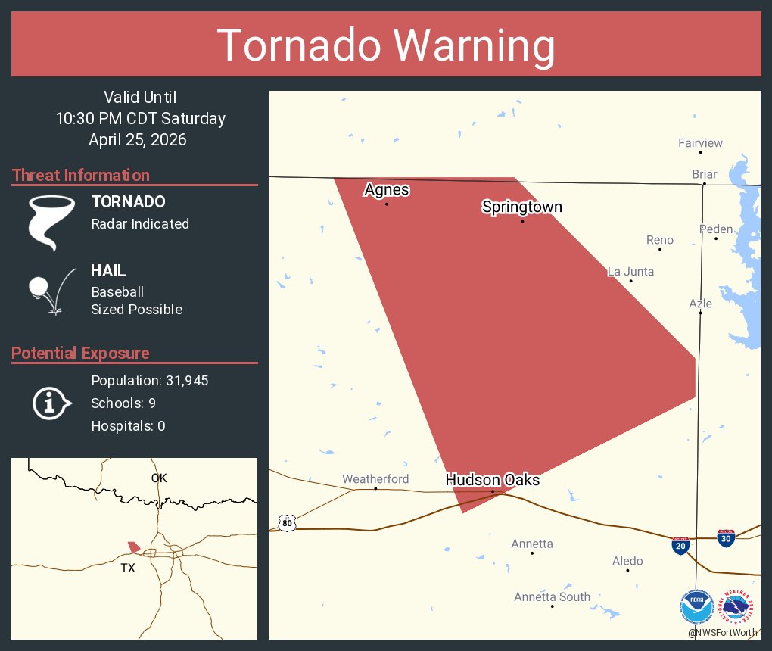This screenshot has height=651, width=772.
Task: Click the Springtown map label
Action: tap(521, 207)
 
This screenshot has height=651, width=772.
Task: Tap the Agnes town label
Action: tap(387, 189)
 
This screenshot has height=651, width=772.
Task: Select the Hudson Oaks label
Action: tap(492, 480)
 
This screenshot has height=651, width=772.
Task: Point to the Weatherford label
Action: tap(375, 479)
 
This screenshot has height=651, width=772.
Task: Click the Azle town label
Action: tap(700, 304)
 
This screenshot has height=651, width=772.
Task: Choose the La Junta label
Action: tap(631, 272)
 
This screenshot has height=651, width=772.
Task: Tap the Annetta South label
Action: tap(552, 596)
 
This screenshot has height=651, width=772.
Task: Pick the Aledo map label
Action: tap(627, 561)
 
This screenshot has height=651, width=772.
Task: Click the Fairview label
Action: tap(700, 143)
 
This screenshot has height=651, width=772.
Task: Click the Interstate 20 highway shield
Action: tap(680, 546)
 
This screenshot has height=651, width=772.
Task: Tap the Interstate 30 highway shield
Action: tap(726, 538)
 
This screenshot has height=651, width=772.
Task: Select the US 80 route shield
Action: tap(286, 523)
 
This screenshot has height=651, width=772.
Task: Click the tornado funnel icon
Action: tap(51, 222)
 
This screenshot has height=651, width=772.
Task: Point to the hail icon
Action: tap(50, 290)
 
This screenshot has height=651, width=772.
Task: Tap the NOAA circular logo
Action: tap(696, 607)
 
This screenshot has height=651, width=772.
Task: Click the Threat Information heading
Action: tap(81, 176)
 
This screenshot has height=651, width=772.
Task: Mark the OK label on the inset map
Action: tap(158, 478)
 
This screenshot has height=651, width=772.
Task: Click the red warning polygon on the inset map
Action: tap(134, 547)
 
